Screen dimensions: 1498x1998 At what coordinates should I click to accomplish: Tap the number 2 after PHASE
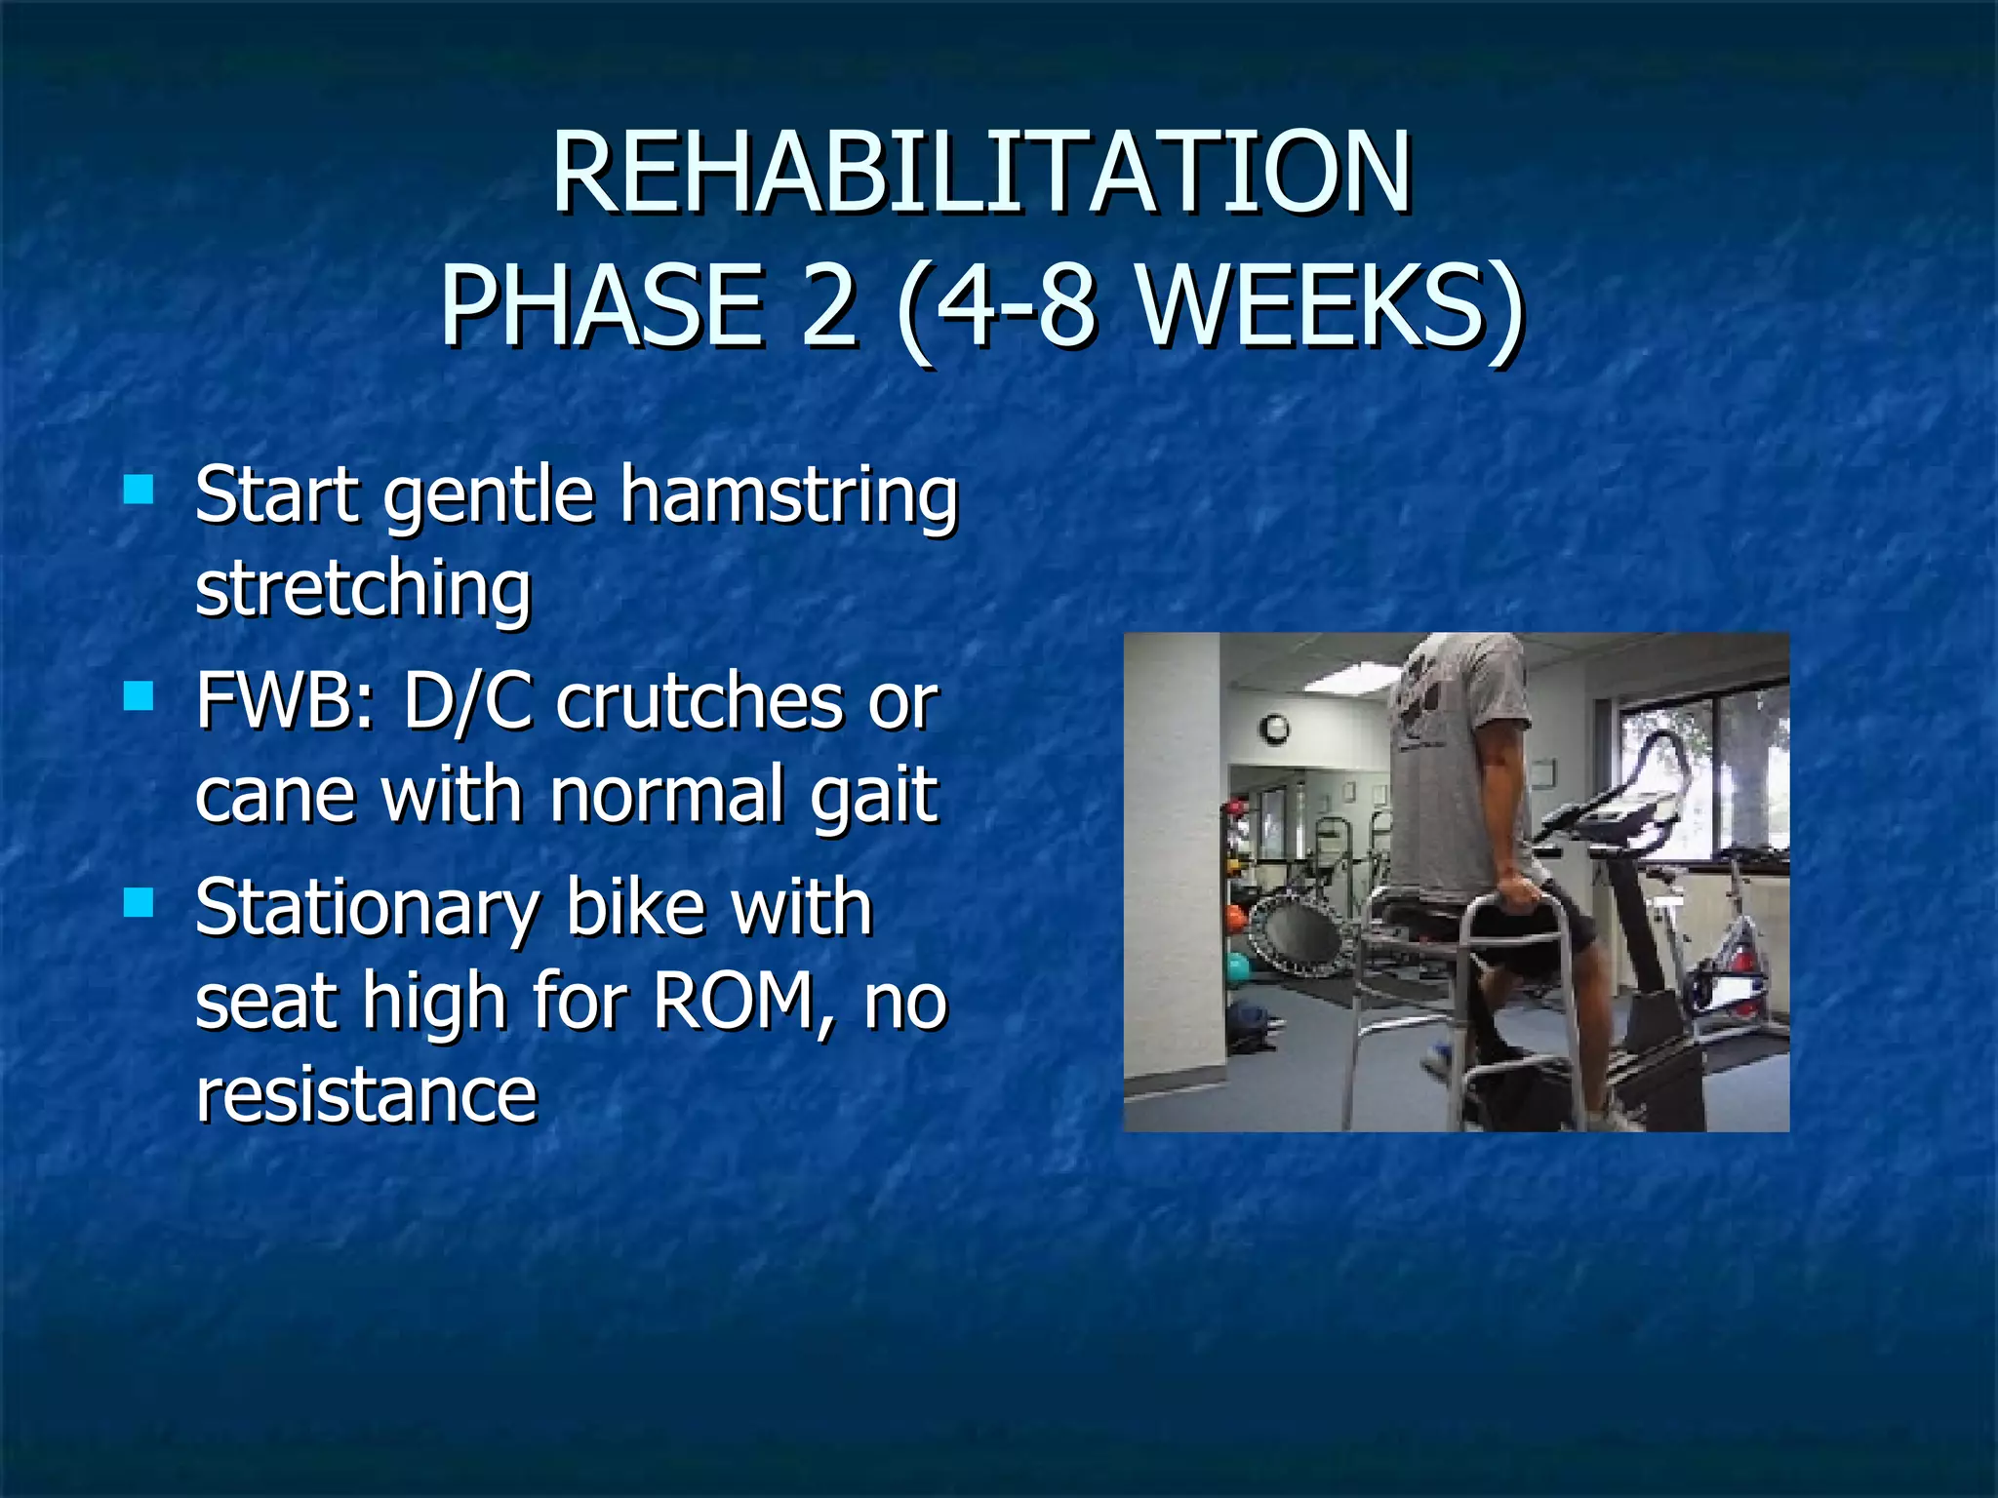pos(829,307)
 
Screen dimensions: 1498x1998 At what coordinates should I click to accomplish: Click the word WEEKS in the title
pos(1312,307)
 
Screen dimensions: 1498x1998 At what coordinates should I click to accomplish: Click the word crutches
pos(699,700)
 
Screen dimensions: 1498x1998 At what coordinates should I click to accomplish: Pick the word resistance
pos(366,1094)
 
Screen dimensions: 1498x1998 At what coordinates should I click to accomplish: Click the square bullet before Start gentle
pos(140,489)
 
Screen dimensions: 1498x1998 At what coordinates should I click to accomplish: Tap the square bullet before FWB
pos(140,695)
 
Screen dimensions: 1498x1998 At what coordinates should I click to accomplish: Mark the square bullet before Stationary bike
pos(140,903)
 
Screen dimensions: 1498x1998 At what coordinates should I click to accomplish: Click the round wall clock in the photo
pos(1274,728)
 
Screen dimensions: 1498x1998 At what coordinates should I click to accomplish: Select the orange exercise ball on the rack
pos(1235,918)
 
